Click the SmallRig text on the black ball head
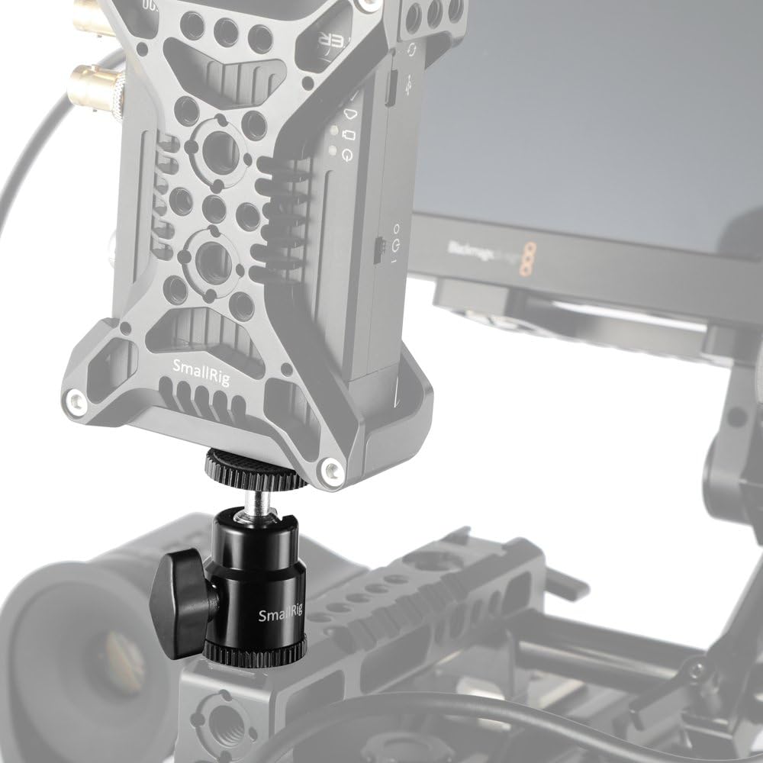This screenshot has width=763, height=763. pos(280,615)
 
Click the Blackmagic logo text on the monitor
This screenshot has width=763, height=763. pos(477,252)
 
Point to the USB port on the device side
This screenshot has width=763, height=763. pos(390,90)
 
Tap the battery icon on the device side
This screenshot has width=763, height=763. pos(348,136)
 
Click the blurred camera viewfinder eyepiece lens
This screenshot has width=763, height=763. pos(92,656)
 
